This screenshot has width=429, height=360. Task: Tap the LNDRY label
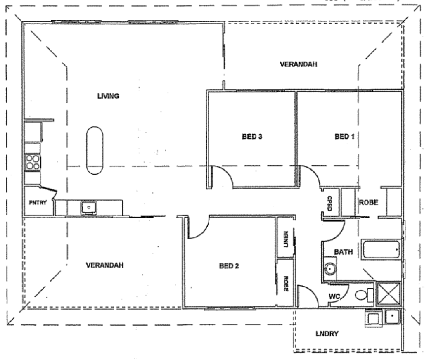tap(327, 334)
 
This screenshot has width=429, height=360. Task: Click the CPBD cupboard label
tap(330, 201)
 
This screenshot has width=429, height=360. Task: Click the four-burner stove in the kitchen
tap(33, 161)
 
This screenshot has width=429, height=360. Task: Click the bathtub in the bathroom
tap(381, 249)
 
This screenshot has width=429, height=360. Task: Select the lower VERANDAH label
tap(104, 265)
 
